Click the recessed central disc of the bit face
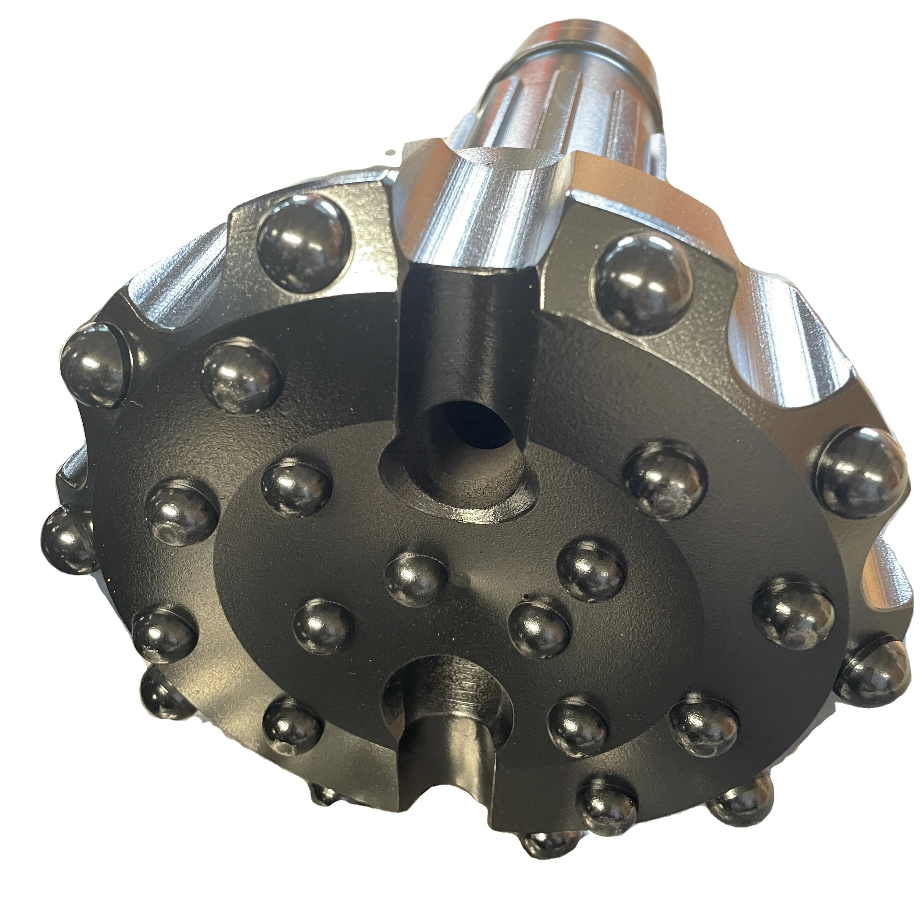click(430, 644)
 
